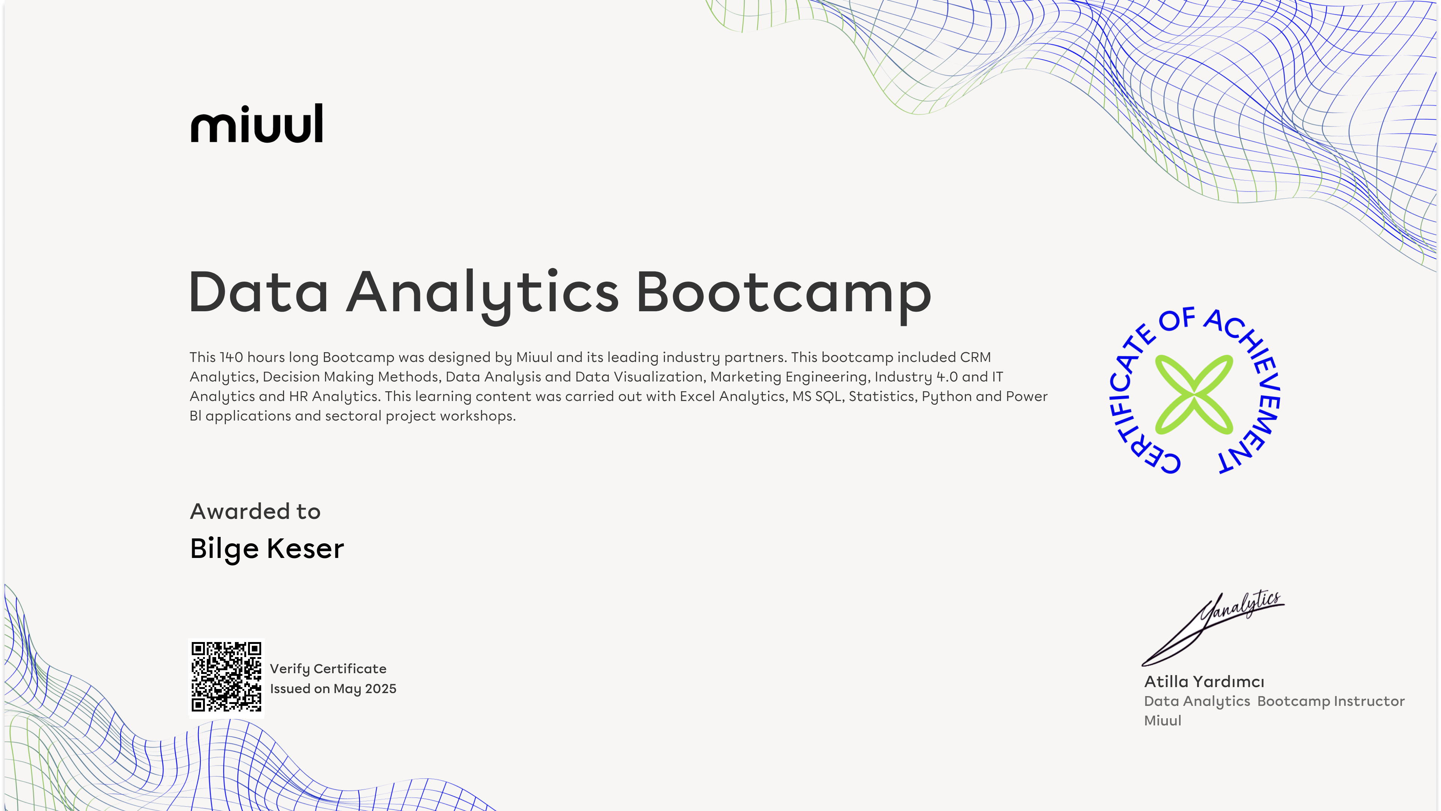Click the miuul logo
[257, 123]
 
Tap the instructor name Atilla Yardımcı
[1204, 682]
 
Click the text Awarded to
[255, 511]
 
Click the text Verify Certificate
[328, 669]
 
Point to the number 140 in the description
[232, 357]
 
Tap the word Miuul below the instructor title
[1163, 721]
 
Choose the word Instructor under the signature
[1369, 701]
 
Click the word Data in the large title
[259, 292]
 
